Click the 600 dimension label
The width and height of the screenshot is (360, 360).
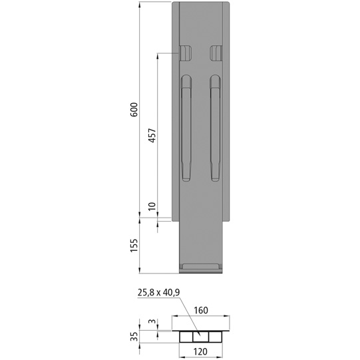pyautogui.click(x=134, y=110)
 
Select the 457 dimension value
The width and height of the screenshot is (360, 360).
pyautogui.click(x=151, y=136)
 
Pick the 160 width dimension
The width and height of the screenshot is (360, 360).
pyautogui.click(x=202, y=310)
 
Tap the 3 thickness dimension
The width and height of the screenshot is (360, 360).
pyautogui.click(x=151, y=322)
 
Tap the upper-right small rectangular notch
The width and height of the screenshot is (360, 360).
pyautogui.click(x=216, y=53)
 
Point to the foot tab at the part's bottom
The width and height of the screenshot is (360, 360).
pyautogui.click(x=201, y=268)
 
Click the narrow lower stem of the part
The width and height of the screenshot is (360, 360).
pyautogui.click(x=201, y=243)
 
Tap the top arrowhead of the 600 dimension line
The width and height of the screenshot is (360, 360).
pyautogui.click(x=140, y=5)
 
